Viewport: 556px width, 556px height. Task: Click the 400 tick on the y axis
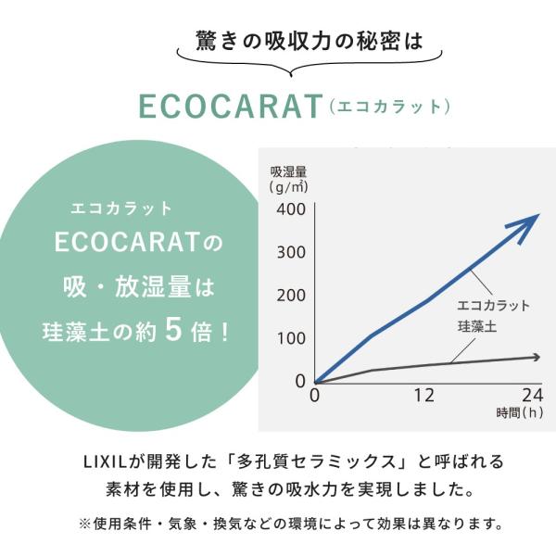[x=291, y=209]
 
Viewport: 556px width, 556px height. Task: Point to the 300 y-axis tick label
[x=291, y=252]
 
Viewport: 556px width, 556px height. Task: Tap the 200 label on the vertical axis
[x=291, y=296]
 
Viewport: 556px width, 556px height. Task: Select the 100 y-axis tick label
[x=291, y=338]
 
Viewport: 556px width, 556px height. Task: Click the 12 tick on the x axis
[x=424, y=395]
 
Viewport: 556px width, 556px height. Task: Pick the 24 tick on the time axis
[x=532, y=395]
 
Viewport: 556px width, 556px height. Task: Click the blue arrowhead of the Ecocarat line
[x=524, y=227]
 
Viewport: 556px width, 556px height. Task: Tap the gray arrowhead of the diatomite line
[x=536, y=358]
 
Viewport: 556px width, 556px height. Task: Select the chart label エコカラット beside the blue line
[x=493, y=306]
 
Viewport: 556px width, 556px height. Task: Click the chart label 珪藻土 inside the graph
[x=477, y=326]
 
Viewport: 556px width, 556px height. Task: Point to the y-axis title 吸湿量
[x=288, y=172]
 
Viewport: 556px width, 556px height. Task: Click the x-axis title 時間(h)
[x=520, y=413]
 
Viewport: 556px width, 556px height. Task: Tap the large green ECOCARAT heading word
[x=231, y=106]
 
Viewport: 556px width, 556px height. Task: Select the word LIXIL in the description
[x=105, y=462]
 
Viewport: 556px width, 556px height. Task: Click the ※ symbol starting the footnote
[x=84, y=524]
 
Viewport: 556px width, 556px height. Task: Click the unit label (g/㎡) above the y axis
[x=288, y=187]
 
